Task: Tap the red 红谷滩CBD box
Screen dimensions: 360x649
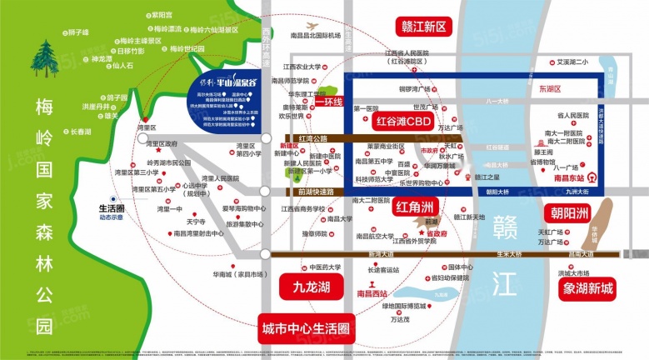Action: click(x=402, y=122)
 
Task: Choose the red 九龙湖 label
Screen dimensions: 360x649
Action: click(x=302, y=288)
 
